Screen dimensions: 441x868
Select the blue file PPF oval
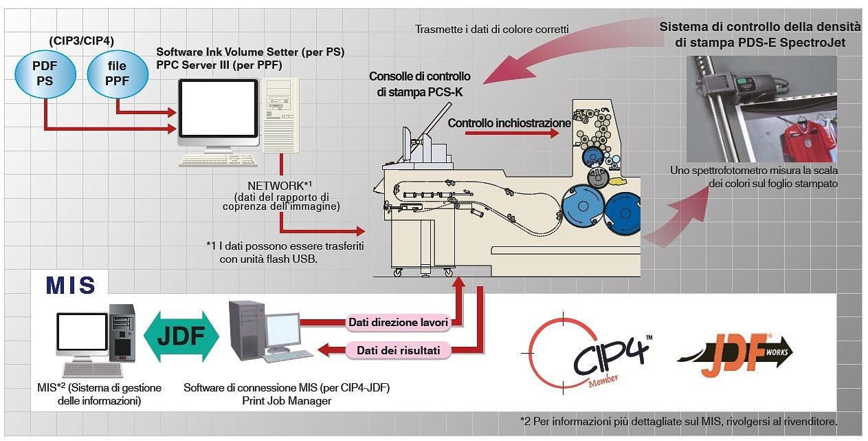click(x=117, y=74)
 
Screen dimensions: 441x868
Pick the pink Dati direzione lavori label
click(x=398, y=322)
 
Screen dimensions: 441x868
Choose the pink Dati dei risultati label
click(x=398, y=350)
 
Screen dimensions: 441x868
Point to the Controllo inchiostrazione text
click(x=509, y=123)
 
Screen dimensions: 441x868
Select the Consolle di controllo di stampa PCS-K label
click(x=420, y=83)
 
